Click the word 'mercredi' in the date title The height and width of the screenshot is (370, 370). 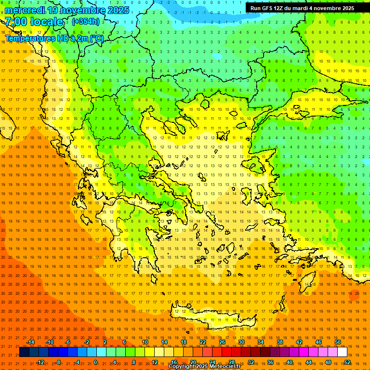point(25,10)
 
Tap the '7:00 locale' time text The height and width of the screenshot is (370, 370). point(34,22)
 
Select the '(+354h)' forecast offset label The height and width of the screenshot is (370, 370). point(86,21)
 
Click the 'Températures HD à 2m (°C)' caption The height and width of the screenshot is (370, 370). point(54,38)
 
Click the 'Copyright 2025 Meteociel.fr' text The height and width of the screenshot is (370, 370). point(204,367)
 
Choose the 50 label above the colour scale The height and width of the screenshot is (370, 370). point(337,342)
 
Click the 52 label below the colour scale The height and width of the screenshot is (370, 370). point(347,362)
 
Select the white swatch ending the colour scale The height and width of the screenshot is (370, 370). point(342,352)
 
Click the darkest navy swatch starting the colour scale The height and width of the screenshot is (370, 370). point(25,352)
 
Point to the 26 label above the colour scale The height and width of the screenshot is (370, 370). point(222,342)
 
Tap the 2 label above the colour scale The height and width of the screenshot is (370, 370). point(105,342)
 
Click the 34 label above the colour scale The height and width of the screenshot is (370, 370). point(261,342)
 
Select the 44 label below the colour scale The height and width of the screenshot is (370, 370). point(309,362)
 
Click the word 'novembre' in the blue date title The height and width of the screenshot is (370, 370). point(82,10)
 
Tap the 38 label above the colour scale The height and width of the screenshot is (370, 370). point(280,342)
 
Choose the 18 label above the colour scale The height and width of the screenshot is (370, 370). point(184,342)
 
